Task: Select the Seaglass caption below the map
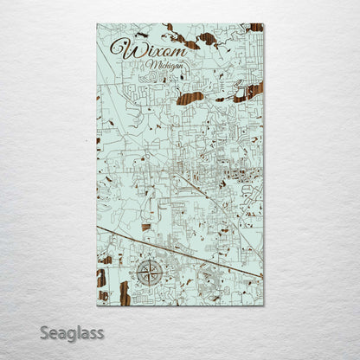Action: pos(75,331)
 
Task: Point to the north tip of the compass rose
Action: pos(148,261)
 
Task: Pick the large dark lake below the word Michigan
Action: pos(190,98)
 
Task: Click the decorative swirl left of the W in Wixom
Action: pos(114,48)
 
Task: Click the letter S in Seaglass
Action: pos(50,331)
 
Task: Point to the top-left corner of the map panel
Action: pos(97,24)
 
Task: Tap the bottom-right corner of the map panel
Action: pos(263,305)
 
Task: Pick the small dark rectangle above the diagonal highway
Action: pos(145,228)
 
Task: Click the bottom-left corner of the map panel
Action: pos(97,305)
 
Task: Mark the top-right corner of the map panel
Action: pos(263,24)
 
